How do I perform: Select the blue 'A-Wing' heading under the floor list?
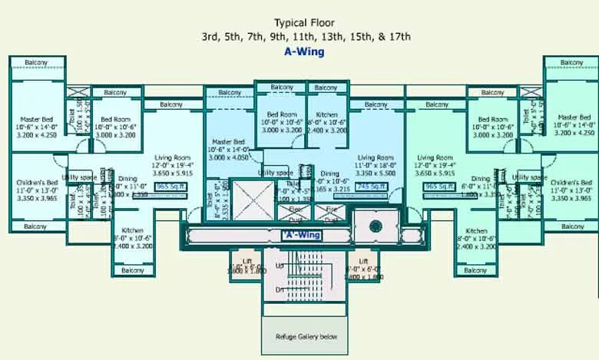pyautogui.click(x=306, y=52)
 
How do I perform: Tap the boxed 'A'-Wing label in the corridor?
pyautogui.click(x=300, y=234)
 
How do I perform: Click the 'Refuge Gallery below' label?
pyautogui.click(x=306, y=337)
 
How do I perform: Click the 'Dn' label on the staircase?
pyautogui.click(x=280, y=289)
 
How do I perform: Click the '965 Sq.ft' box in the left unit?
pyautogui.click(x=171, y=186)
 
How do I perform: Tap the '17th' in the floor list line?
pyautogui.click(x=400, y=36)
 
